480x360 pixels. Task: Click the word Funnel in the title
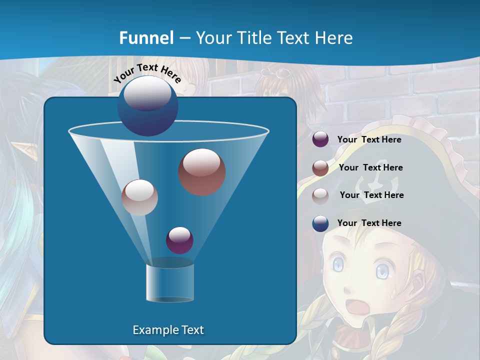point(146,38)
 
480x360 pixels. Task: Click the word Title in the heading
point(254,38)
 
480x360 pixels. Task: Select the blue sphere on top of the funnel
point(147,105)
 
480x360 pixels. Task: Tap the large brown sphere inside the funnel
point(202,171)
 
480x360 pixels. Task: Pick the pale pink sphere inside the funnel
point(140,197)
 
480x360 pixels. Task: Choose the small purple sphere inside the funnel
point(179,240)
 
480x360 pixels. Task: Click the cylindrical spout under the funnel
point(170,282)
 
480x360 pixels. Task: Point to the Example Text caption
point(168,330)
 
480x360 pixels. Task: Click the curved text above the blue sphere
point(147,73)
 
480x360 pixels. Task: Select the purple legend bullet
point(320,139)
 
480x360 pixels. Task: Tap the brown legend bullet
point(320,168)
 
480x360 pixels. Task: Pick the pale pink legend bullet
point(320,195)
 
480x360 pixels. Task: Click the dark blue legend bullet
point(320,223)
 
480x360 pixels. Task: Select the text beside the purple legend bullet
point(369,139)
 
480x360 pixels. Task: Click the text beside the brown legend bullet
point(370,167)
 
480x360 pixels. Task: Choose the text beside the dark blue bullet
point(369,223)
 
